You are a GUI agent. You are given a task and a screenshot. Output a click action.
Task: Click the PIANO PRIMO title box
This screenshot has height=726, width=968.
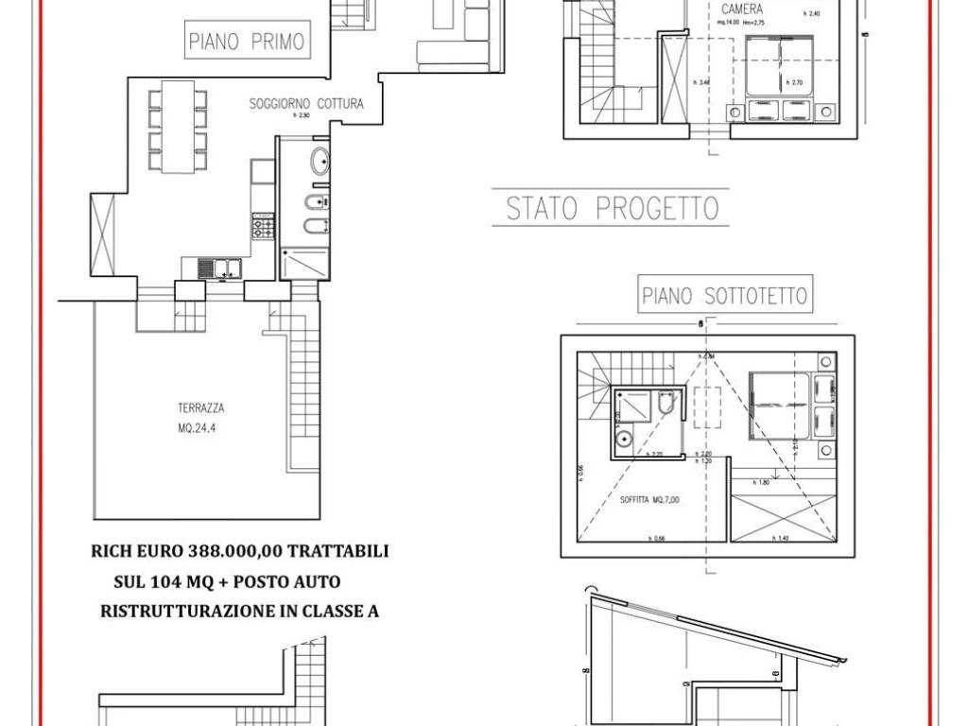point(246,41)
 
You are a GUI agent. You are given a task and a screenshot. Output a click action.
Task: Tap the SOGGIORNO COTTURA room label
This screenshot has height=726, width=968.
point(305,104)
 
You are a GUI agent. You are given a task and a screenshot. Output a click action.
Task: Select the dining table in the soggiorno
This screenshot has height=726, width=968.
point(177,127)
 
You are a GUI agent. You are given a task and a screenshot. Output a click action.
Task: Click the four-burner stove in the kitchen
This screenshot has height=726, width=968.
point(262,227)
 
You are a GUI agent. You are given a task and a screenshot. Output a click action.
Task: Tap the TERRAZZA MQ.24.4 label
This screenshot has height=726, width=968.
point(199,417)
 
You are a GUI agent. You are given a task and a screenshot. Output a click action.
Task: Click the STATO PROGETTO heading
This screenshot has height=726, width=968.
point(612,208)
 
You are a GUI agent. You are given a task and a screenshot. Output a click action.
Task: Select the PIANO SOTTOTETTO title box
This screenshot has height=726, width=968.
point(725,296)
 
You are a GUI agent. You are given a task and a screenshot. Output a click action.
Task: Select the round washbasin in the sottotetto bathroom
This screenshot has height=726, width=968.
point(624,438)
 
